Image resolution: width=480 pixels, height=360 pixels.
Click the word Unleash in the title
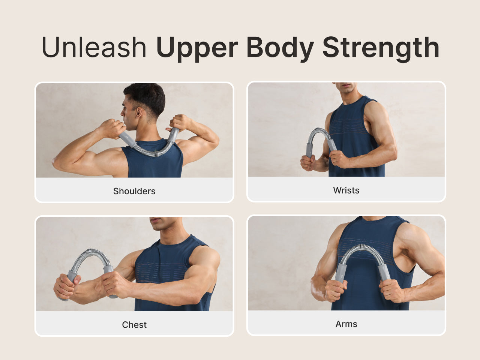point(94,47)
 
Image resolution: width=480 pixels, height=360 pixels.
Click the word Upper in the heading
point(197,49)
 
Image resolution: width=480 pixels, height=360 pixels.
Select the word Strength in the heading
point(381,49)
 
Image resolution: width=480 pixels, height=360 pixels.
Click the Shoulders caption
point(134,191)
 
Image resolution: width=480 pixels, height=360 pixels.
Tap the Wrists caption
point(346,190)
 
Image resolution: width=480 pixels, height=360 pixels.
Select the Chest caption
point(134,325)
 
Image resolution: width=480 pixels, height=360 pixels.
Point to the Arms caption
point(346,324)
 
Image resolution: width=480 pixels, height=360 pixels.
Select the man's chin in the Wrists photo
point(346,90)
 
